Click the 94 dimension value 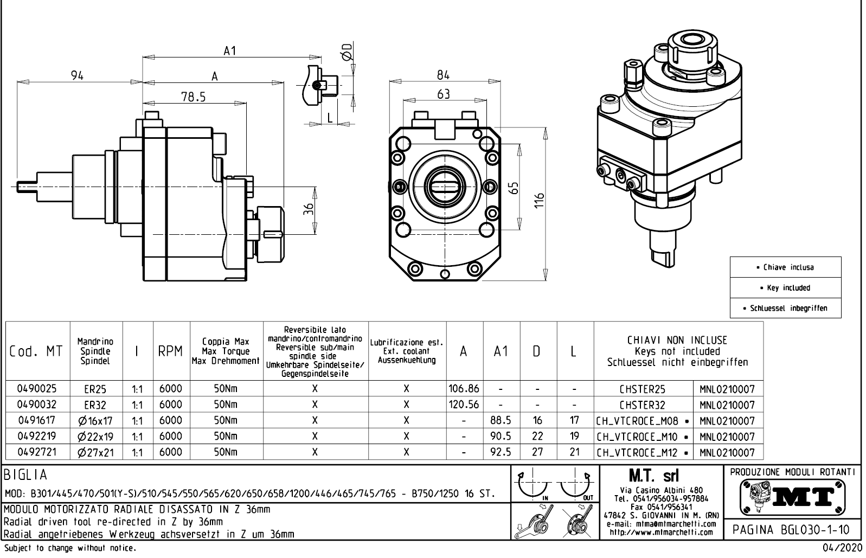(x=78, y=76)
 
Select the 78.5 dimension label (x=193, y=97)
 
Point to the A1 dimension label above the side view (x=230, y=50)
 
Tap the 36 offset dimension (x=308, y=209)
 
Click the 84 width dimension (x=443, y=75)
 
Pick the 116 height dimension (x=538, y=203)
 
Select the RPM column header (x=171, y=351)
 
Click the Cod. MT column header (x=36, y=351)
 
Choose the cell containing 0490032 (x=37, y=405)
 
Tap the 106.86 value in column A (x=464, y=389)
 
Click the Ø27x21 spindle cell (x=96, y=452)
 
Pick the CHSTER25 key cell (x=643, y=389)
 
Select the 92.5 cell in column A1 (x=501, y=452)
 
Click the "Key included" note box (x=785, y=288)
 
